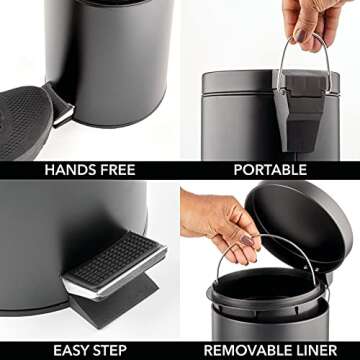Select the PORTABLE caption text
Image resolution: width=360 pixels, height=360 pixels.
(270, 169)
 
